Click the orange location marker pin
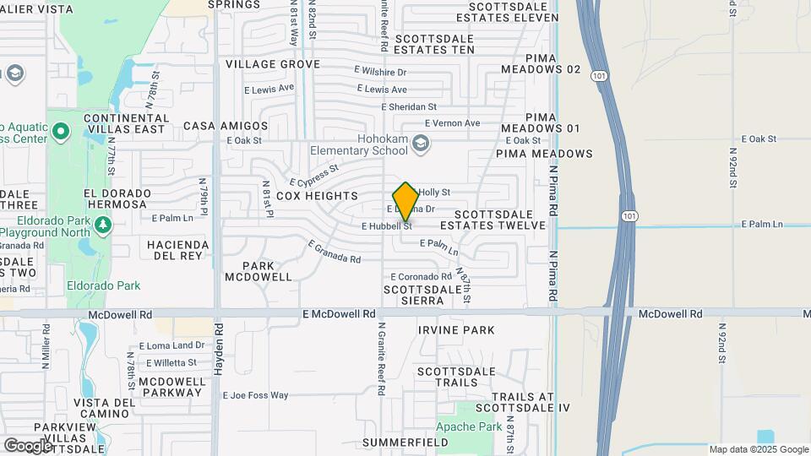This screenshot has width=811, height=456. (405, 201)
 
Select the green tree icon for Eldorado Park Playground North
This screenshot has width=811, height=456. (103, 225)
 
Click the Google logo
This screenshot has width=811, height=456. (28, 445)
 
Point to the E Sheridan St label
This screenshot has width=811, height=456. (409, 107)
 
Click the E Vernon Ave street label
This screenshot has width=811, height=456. (452, 123)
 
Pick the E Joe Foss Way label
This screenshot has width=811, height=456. (255, 395)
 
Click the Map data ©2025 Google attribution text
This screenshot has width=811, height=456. (758, 449)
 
